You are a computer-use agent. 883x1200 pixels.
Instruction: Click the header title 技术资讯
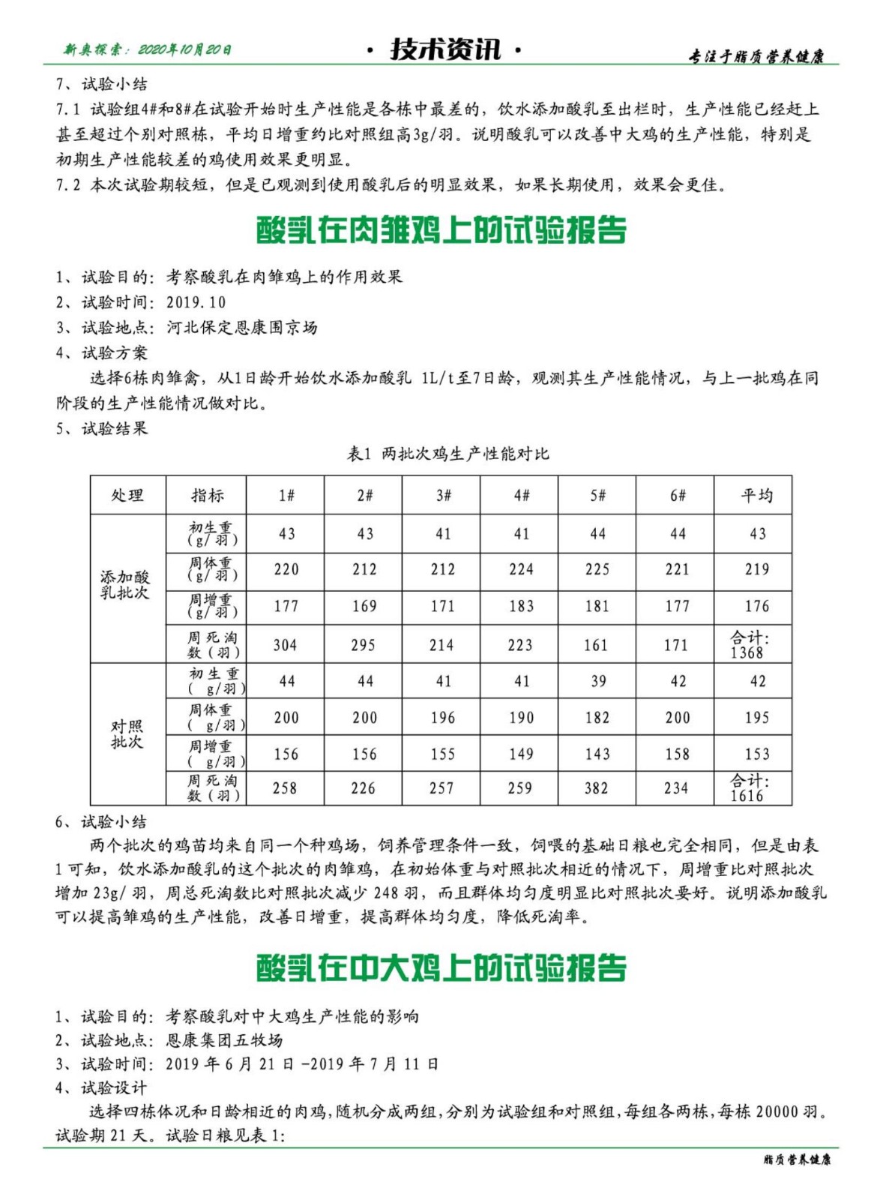pos(444,49)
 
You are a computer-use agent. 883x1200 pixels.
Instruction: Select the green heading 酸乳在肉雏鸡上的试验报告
pos(441,230)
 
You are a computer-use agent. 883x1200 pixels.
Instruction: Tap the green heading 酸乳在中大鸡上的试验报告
pos(441,968)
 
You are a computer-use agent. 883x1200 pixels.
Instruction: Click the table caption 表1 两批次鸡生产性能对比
pos(447,454)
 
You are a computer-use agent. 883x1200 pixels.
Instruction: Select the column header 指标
pos(208,495)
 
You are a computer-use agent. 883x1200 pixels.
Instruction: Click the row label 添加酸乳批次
pos(125,584)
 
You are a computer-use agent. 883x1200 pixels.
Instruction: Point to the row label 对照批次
pos(126,733)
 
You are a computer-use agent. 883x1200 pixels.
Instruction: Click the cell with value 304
pos(285,645)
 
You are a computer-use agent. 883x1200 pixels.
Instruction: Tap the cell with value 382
pos(597,787)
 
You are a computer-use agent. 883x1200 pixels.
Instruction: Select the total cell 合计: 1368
pos(749,645)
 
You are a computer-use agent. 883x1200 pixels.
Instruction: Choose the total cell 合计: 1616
pos(749,788)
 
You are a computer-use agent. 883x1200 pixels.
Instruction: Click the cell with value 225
pos(597,569)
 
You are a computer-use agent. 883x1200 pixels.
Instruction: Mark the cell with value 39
pos(597,681)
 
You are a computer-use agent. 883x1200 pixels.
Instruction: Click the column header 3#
pos(443,495)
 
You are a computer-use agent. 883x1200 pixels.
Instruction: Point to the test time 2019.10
pos(196,302)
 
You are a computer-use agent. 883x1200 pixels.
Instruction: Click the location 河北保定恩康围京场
pos(241,328)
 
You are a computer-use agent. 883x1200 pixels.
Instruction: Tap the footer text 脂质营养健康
pos(796,1159)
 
